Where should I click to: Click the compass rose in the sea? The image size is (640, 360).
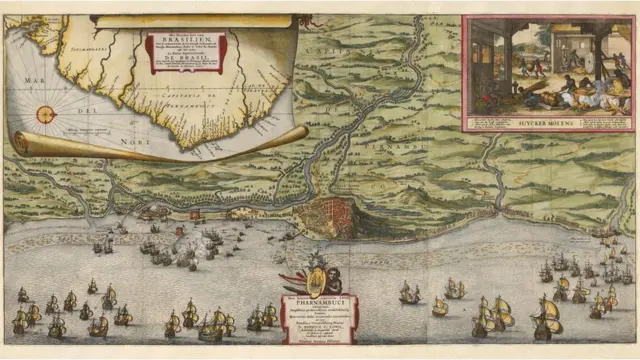(46, 113)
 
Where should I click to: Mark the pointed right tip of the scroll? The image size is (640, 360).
(305, 129)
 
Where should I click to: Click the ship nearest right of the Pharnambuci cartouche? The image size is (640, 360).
(409, 293)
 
